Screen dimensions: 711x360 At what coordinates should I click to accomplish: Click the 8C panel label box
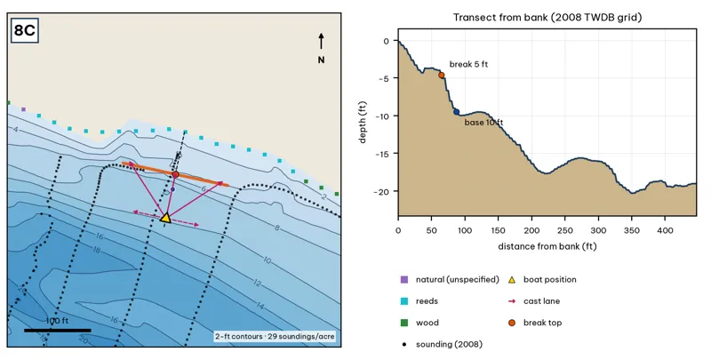[25, 30]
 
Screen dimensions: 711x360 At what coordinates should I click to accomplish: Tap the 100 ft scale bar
[58, 331]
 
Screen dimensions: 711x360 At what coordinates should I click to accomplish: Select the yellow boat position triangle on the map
[166, 218]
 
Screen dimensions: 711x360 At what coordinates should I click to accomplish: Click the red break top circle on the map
[175, 174]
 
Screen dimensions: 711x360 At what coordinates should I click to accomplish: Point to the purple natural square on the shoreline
[24, 109]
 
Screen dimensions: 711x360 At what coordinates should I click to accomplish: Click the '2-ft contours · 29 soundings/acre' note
[275, 336]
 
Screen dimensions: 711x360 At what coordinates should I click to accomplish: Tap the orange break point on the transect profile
[441, 76]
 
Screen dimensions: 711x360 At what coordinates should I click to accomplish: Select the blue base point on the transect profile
[456, 112]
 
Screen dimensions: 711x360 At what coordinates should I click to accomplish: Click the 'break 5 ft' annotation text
[468, 64]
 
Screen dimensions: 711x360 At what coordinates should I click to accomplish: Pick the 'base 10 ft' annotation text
[483, 123]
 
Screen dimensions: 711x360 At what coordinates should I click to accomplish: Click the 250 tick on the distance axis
[565, 230]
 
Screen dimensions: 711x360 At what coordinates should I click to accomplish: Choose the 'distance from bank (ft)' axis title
[547, 246]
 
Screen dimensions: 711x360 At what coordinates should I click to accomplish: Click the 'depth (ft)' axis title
[363, 122]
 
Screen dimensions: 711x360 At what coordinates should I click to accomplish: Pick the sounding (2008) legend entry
[442, 344]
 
